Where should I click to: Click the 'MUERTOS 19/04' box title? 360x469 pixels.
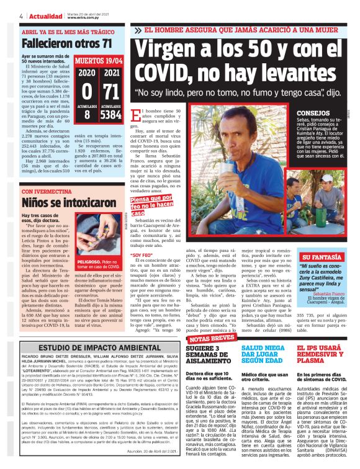pyautogui.click(x=99, y=62)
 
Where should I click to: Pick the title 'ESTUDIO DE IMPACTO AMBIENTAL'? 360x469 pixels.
pyautogui.click(x=91, y=348)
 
